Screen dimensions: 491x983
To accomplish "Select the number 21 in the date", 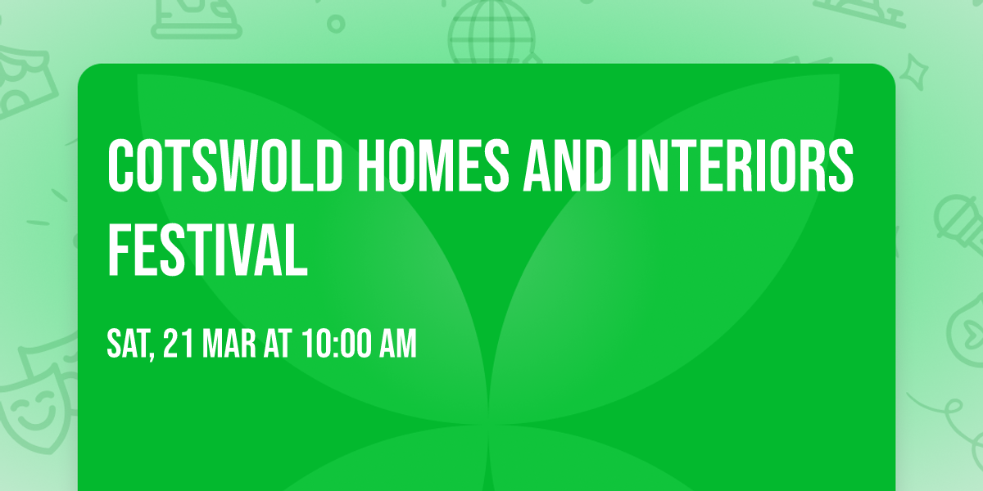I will tap(178, 344).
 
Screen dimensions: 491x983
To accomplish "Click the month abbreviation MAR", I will tap(226, 344).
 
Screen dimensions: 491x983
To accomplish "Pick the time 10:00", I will tap(336, 344).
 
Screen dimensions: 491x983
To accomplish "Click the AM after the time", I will tap(398, 344).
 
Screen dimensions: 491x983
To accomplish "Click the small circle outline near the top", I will tap(335, 23).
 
